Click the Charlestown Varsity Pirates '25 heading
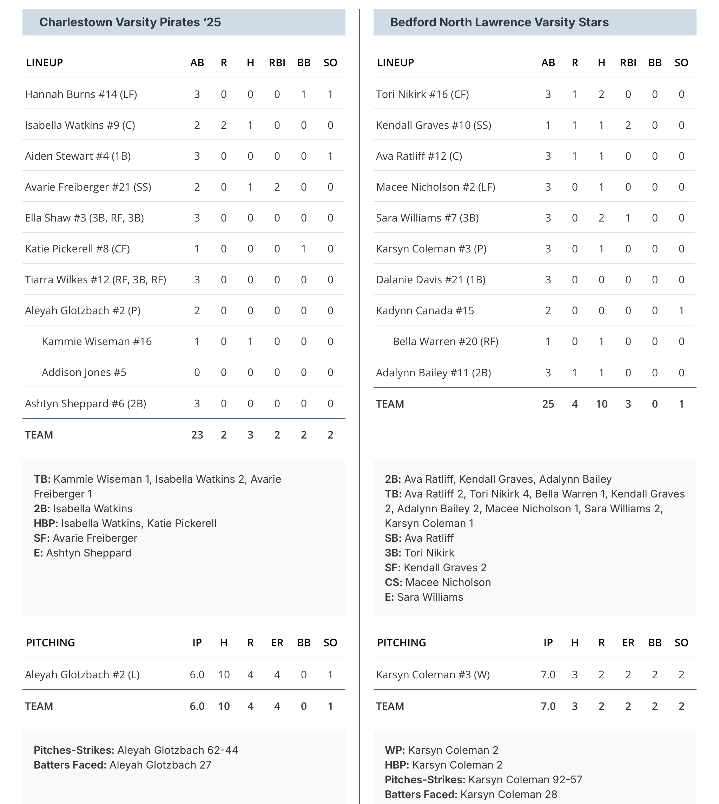130,22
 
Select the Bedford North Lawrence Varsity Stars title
499,22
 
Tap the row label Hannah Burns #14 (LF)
81,94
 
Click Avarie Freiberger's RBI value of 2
277,187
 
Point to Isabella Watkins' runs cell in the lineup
224,125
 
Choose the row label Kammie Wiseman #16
97,341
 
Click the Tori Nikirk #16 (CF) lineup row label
422,94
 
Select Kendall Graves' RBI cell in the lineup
628,125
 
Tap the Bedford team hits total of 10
601,404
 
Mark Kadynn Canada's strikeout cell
681,310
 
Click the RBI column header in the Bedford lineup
628,63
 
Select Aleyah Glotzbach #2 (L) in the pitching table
82,674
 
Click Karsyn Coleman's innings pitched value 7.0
548,674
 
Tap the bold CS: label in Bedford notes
394,582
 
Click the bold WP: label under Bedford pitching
395,750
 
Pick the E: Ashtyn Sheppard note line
83,553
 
